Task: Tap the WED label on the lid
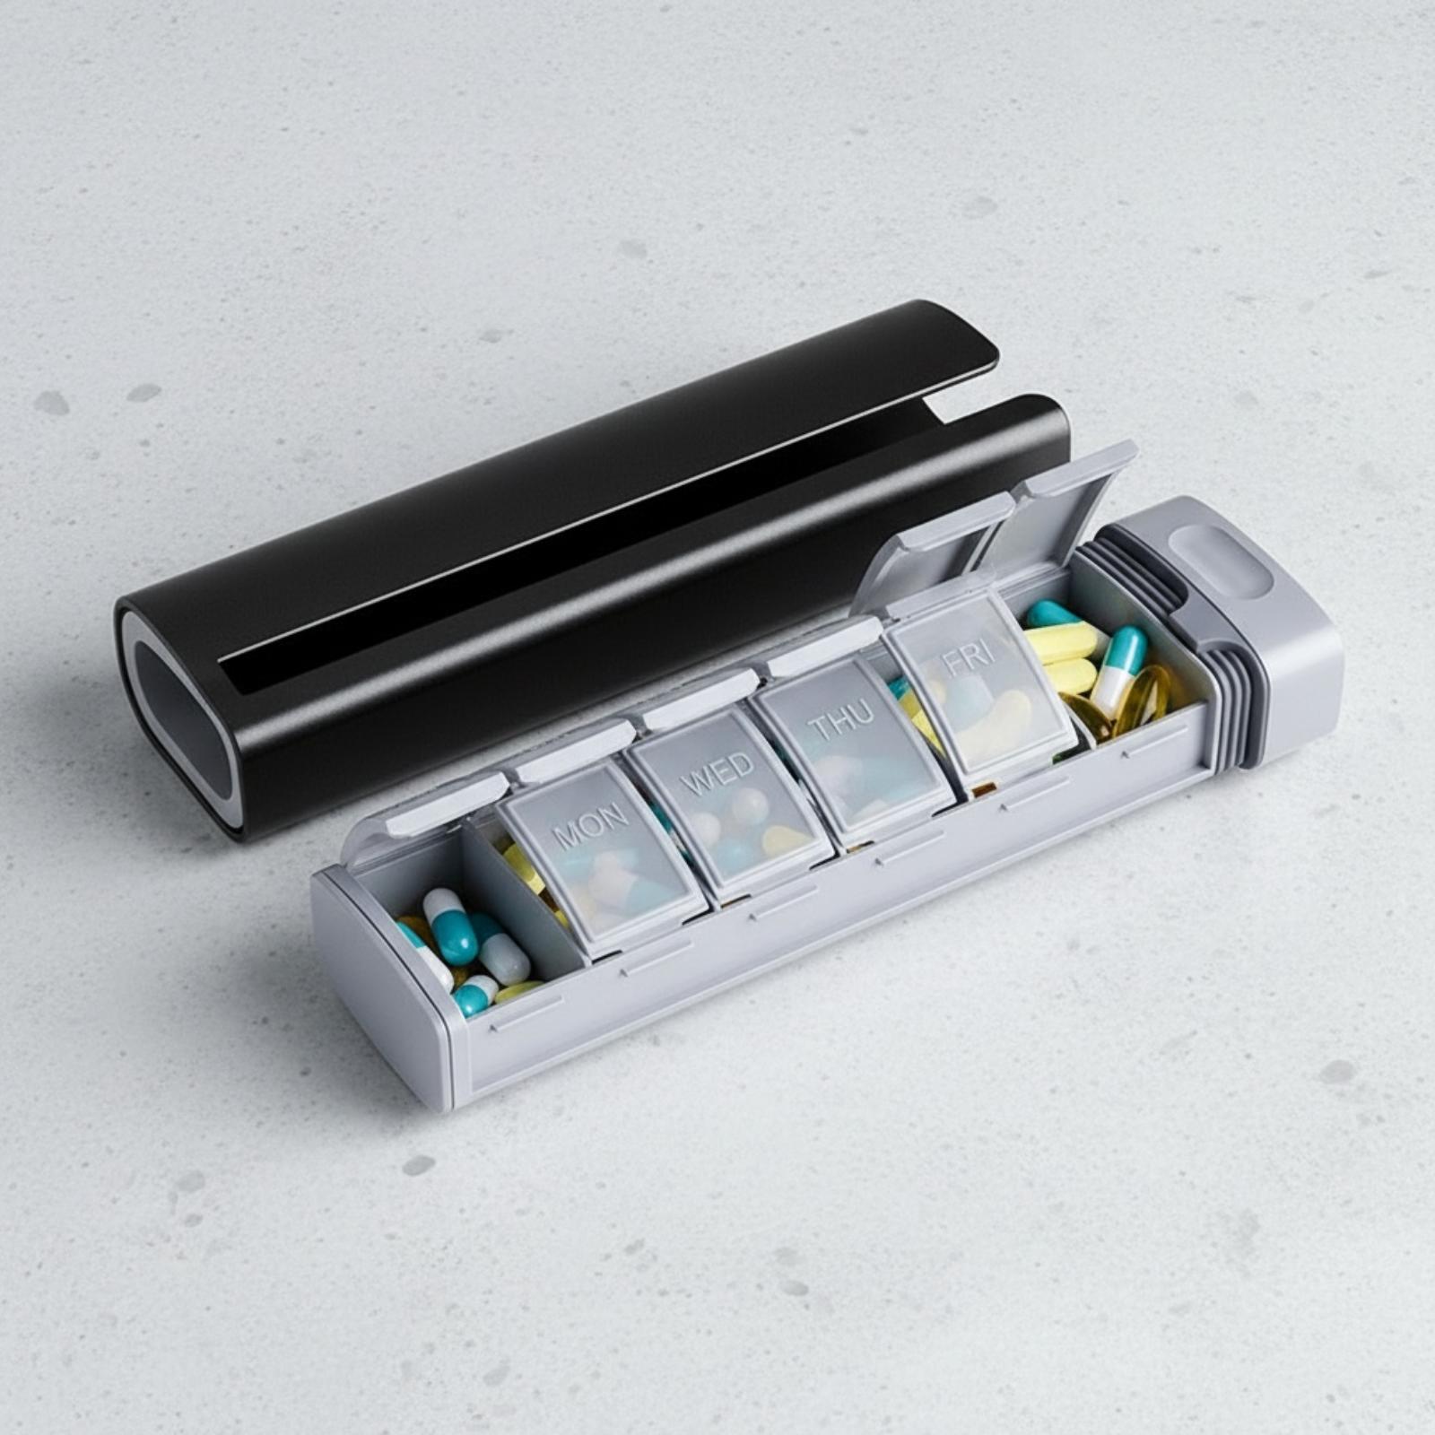[x=718, y=776]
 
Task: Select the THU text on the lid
[x=840, y=722]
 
